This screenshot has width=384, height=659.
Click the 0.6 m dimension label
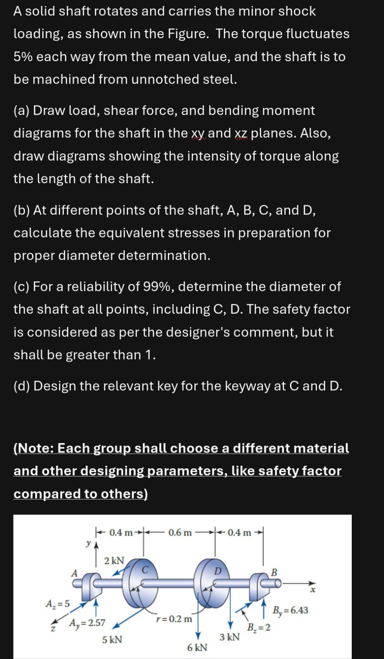(180, 533)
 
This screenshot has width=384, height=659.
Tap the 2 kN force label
(114, 561)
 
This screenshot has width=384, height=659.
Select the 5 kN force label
(112, 639)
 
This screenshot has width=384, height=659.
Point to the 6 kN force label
(197, 647)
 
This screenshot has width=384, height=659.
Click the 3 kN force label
(229, 637)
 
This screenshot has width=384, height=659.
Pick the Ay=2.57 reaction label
(87, 623)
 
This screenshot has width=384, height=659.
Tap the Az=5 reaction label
(57, 604)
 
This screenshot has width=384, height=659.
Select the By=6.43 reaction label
(291, 610)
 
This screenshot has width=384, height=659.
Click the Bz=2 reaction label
(259, 627)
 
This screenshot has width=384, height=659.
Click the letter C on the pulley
(145, 570)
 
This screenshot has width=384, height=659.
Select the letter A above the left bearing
(74, 573)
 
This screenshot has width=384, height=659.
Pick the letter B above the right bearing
(274, 573)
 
